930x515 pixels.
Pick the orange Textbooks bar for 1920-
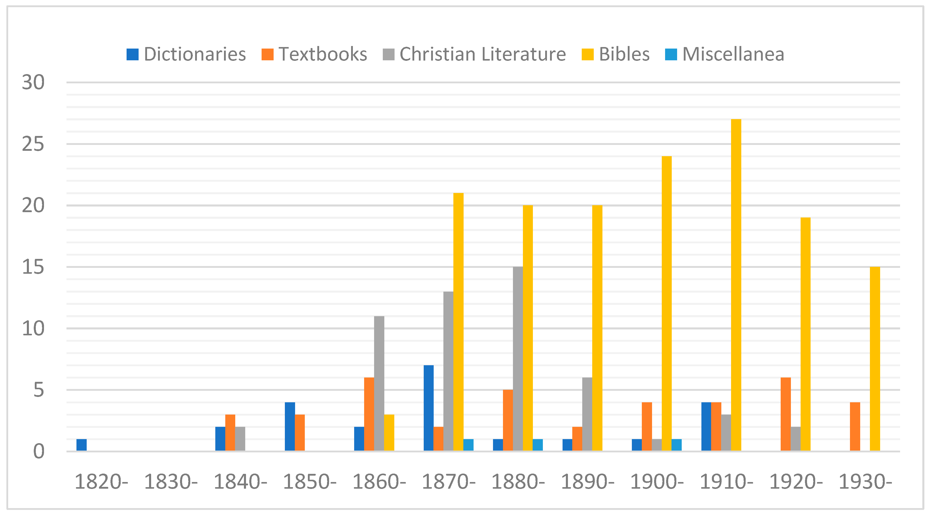pyautogui.click(x=786, y=414)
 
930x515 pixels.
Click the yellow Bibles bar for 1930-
pyautogui.click(x=875, y=359)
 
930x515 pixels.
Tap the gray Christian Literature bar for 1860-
pyautogui.click(x=379, y=383)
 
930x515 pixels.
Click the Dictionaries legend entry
pyautogui.click(x=186, y=54)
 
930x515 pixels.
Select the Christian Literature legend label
pyautogui.click(x=482, y=54)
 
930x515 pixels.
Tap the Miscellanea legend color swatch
pyautogui.click(x=671, y=54)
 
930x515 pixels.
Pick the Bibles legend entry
pyautogui.click(x=615, y=54)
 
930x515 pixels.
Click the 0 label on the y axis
pyautogui.click(x=39, y=451)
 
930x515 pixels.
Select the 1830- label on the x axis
pyautogui.click(x=171, y=482)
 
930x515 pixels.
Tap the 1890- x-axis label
pyautogui.click(x=587, y=482)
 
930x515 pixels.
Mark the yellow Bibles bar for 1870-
pyautogui.click(x=458, y=322)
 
